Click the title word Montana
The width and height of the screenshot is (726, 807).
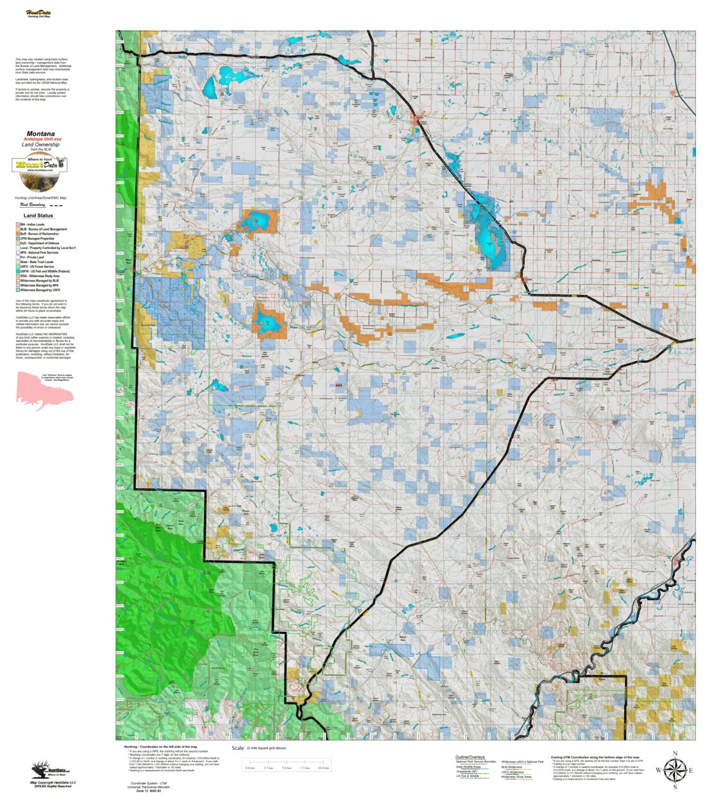pos(40,134)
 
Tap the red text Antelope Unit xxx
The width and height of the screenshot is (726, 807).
pos(42,139)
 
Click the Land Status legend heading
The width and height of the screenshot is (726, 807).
pos(38,216)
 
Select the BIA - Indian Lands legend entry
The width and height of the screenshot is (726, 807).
pos(31,225)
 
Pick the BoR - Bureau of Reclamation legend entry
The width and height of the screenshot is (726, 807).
pos(38,234)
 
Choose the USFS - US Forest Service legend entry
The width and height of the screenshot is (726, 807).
pos(37,267)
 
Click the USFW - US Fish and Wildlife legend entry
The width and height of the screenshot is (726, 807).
pos(44,271)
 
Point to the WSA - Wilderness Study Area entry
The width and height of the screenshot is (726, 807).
pos(39,276)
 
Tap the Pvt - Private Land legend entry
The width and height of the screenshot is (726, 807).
pos(31,257)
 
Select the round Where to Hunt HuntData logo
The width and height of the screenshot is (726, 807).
pos(40,165)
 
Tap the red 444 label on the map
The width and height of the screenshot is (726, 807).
pos(338,386)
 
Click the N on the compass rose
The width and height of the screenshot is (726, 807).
pos(675,753)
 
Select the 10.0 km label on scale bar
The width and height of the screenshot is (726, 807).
pos(323,768)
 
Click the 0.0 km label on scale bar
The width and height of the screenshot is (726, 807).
pos(250,768)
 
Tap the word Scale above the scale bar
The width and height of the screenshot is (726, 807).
pos(238,748)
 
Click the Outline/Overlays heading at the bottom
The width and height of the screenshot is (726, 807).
pos(471,757)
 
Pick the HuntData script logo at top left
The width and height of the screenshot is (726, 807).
pos(38,13)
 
